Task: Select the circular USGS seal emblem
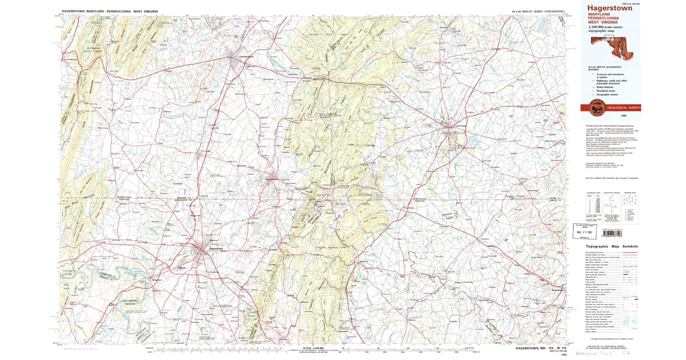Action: pyautogui.click(x=595, y=107)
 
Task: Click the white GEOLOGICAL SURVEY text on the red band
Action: pyautogui.click(x=624, y=107)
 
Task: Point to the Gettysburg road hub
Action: pyautogui.click(x=452, y=127)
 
